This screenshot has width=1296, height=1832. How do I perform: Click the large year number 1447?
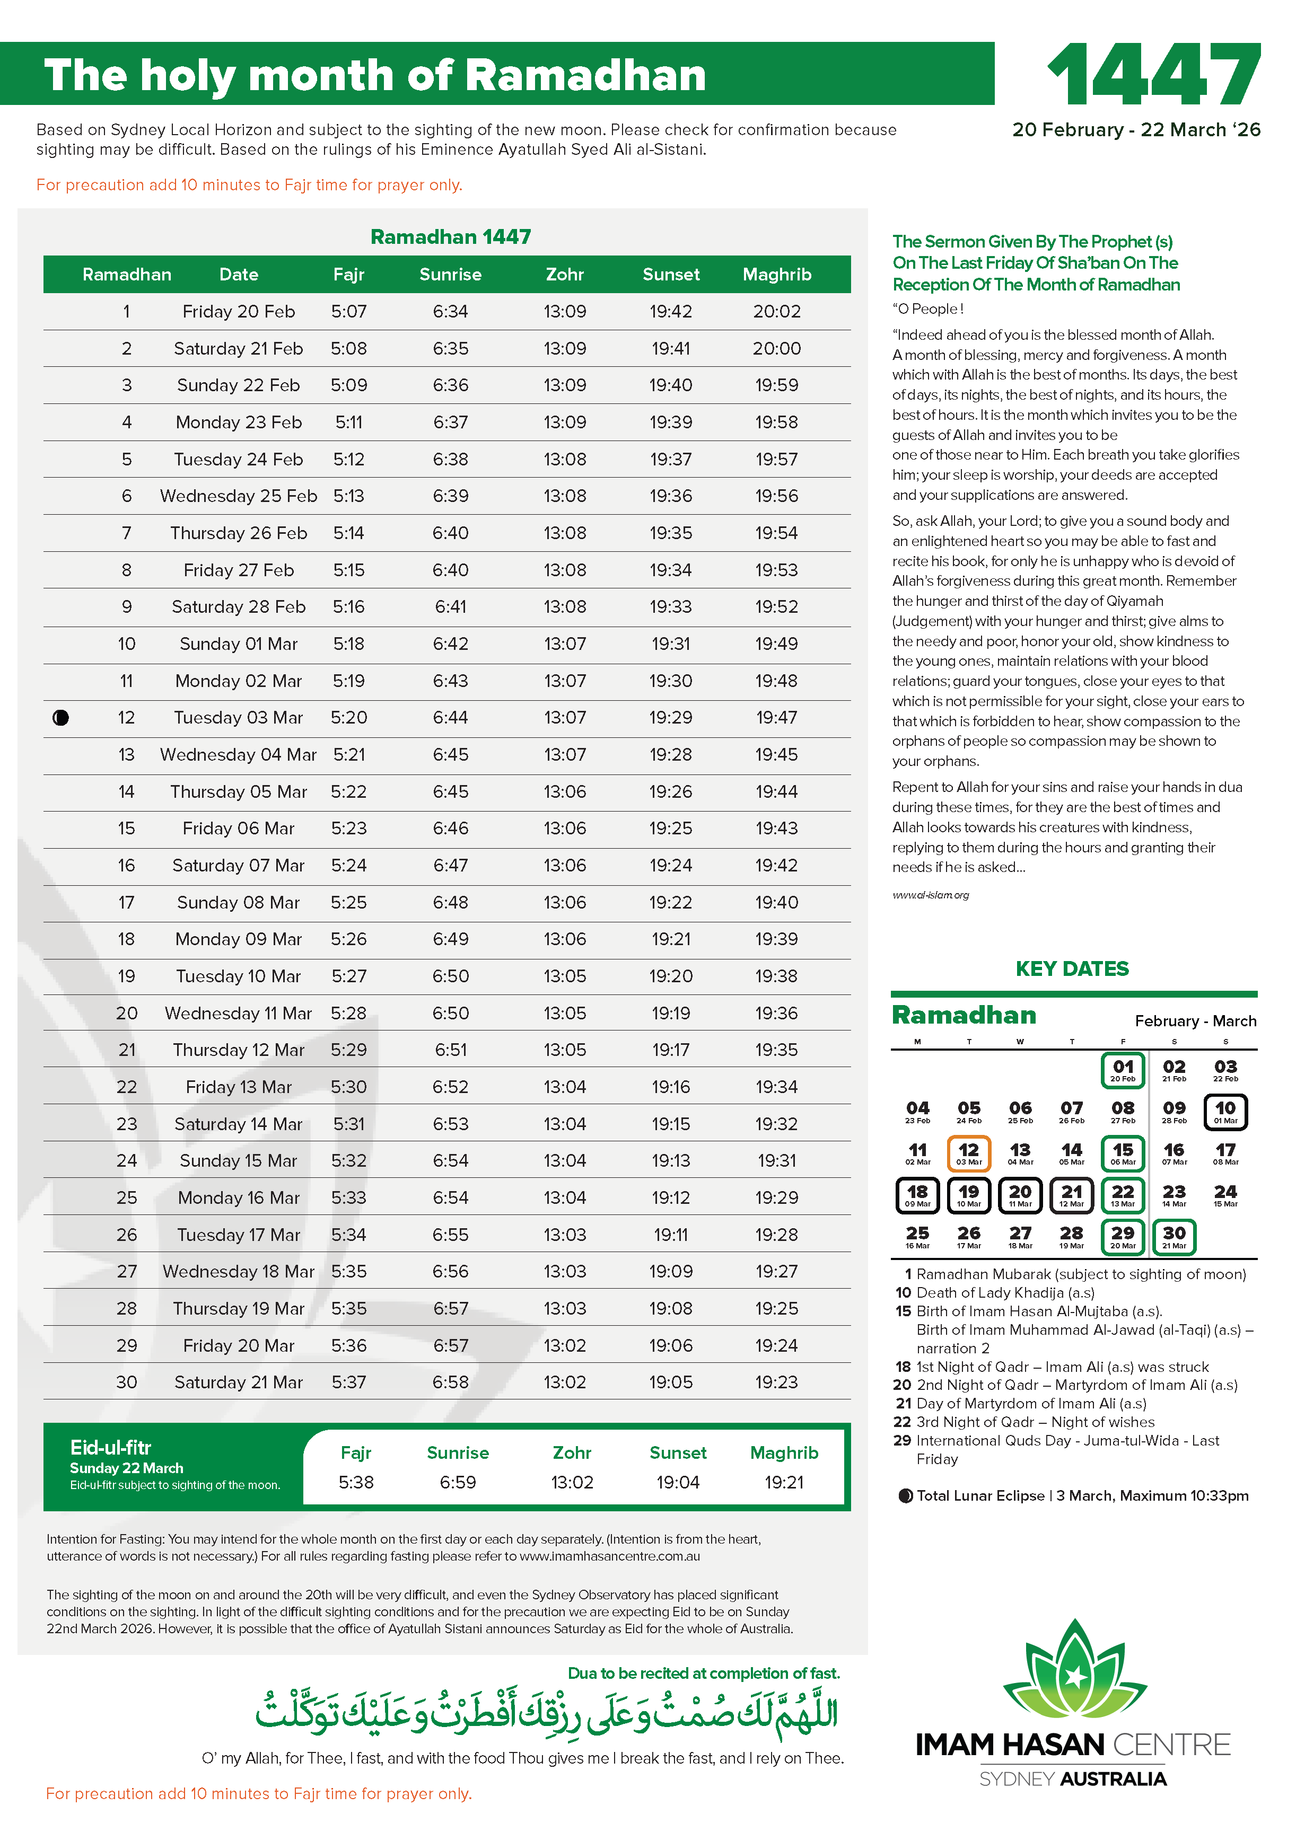pyautogui.click(x=1154, y=74)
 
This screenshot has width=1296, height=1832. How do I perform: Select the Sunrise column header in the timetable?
pyautogui.click(x=450, y=275)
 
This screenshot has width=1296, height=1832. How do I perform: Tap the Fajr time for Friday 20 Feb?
pyautogui.click(x=349, y=311)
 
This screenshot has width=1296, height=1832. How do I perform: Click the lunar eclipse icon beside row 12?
pyautogui.click(x=60, y=717)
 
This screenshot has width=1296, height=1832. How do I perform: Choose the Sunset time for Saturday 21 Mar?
pyautogui.click(x=670, y=1382)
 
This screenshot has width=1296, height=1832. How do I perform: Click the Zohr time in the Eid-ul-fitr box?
pyautogui.click(x=572, y=1482)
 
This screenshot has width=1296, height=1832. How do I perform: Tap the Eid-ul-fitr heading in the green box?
pyautogui.click(x=110, y=1447)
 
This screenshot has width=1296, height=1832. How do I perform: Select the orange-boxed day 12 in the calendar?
pyautogui.click(x=969, y=1153)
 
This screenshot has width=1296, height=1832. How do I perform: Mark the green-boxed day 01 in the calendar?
pyautogui.click(x=1123, y=1069)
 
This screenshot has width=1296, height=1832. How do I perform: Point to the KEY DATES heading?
pyautogui.click(x=1072, y=968)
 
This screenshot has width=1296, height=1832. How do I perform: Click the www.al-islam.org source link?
pyautogui.click(x=931, y=894)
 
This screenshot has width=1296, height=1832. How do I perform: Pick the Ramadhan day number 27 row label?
pyautogui.click(x=127, y=1271)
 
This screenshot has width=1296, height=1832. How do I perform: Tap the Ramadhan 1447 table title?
pyautogui.click(x=450, y=237)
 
